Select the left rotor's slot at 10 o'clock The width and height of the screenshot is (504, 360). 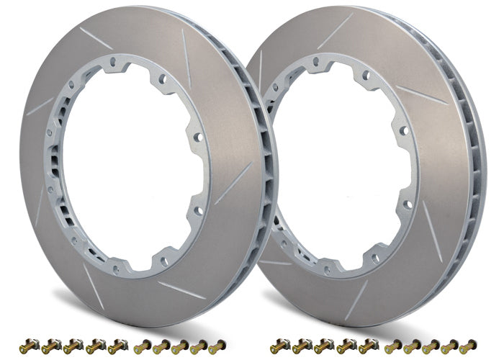coord(40,107)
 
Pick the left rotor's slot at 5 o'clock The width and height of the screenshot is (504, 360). coord(181,289)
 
